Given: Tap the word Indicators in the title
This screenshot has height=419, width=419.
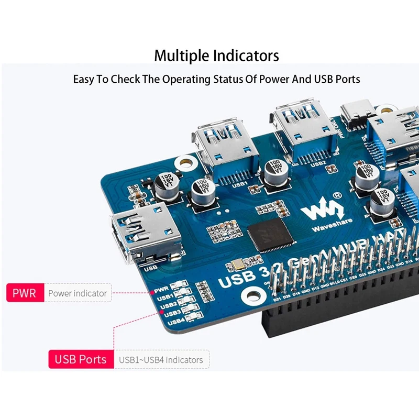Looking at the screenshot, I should tap(247, 56).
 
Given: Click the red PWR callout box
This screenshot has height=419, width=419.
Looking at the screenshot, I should tap(25, 293).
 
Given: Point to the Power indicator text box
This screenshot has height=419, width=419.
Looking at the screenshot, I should tap(77, 293).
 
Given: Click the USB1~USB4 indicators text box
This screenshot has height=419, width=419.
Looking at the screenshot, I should tap(160, 360).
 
